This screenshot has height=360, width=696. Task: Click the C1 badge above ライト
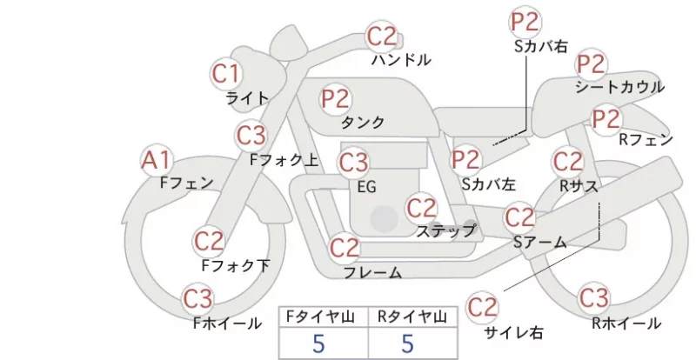(x=226, y=73)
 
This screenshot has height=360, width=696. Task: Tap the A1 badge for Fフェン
(x=156, y=160)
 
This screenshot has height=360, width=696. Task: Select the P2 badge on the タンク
(x=336, y=98)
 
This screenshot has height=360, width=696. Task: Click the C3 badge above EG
(x=353, y=163)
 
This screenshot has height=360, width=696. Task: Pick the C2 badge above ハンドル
(x=381, y=37)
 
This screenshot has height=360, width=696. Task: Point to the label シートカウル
(x=619, y=87)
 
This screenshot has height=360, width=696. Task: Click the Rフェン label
(x=646, y=140)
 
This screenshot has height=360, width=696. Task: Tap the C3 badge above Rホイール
(x=593, y=298)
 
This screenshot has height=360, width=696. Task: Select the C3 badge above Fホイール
(x=198, y=299)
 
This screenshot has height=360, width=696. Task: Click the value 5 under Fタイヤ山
(x=318, y=343)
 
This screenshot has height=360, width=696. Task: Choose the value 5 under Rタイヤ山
(x=407, y=343)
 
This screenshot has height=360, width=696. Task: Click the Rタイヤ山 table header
(x=412, y=317)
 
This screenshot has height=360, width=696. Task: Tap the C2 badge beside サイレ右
(x=482, y=307)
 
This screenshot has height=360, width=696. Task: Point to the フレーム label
(x=373, y=272)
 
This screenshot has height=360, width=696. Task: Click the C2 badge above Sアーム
(x=519, y=217)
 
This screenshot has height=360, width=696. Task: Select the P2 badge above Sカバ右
(x=525, y=22)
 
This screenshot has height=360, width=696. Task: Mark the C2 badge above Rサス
(x=568, y=161)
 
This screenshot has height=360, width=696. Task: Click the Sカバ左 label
(x=489, y=184)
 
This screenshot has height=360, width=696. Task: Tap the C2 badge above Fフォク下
(x=209, y=241)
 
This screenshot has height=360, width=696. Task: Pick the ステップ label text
(x=445, y=230)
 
